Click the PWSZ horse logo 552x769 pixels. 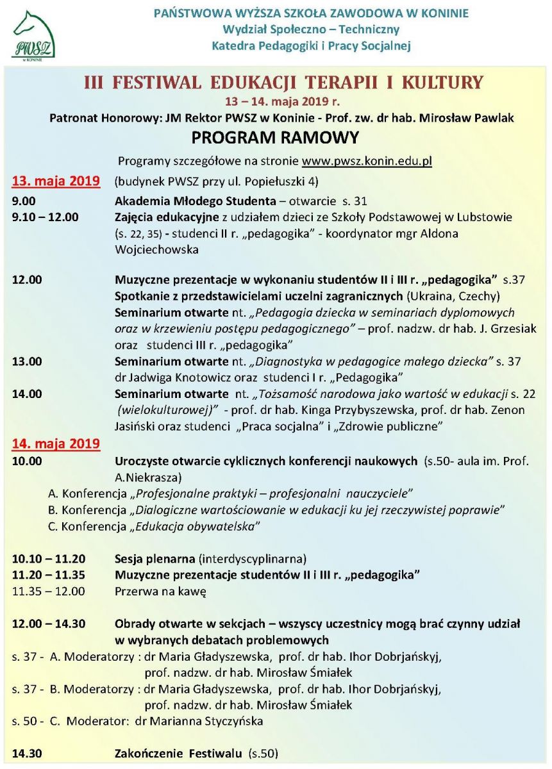pyautogui.click(x=33, y=34)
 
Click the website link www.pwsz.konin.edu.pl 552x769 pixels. pyautogui.click(x=367, y=161)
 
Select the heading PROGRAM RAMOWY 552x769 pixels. pyautogui.click(x=276, y=138)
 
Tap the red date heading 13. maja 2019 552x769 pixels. pyautogui.click(x=56, y=180)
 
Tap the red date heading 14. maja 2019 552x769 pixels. pyautogui.click(x=56, y=443)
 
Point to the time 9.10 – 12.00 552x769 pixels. pyautogui.click(x=45, y=217)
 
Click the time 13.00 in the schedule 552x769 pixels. pyautogui.click(x=27, y=361)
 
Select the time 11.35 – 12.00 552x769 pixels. pyautogui.click(x=48, y=591)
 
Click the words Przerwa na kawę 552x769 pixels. pyautogui.click(x=160, y=591)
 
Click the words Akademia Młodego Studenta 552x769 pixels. pyautogui.click(x=196, y=200)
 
